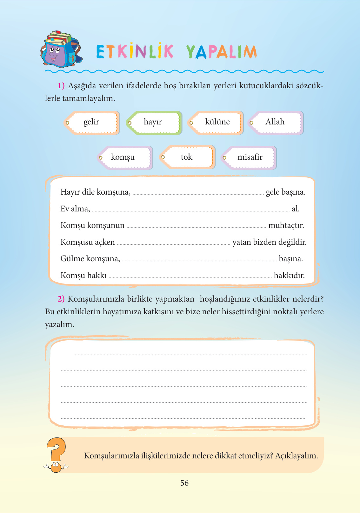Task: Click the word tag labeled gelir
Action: [x=91, y=123]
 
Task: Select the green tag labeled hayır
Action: [x=154, y=123]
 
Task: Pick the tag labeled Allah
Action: [x=276, y=123]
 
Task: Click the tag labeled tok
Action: [x=187, y=157]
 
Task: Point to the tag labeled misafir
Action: [x=249, y=157]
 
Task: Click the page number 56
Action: [x=184, y=483]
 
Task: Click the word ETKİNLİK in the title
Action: [x=135, y=52]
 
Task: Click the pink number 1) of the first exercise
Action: [x=61, y=86]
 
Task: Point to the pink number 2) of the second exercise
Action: [x=61, y=299]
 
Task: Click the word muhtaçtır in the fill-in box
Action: [x=286, y=226]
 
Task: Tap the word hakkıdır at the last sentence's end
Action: [x=289, y=276]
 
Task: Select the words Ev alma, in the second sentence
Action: [x=75, y=209]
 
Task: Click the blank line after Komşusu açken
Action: [x=173, y=243]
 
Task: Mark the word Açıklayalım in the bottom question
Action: [x=296, y=456]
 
